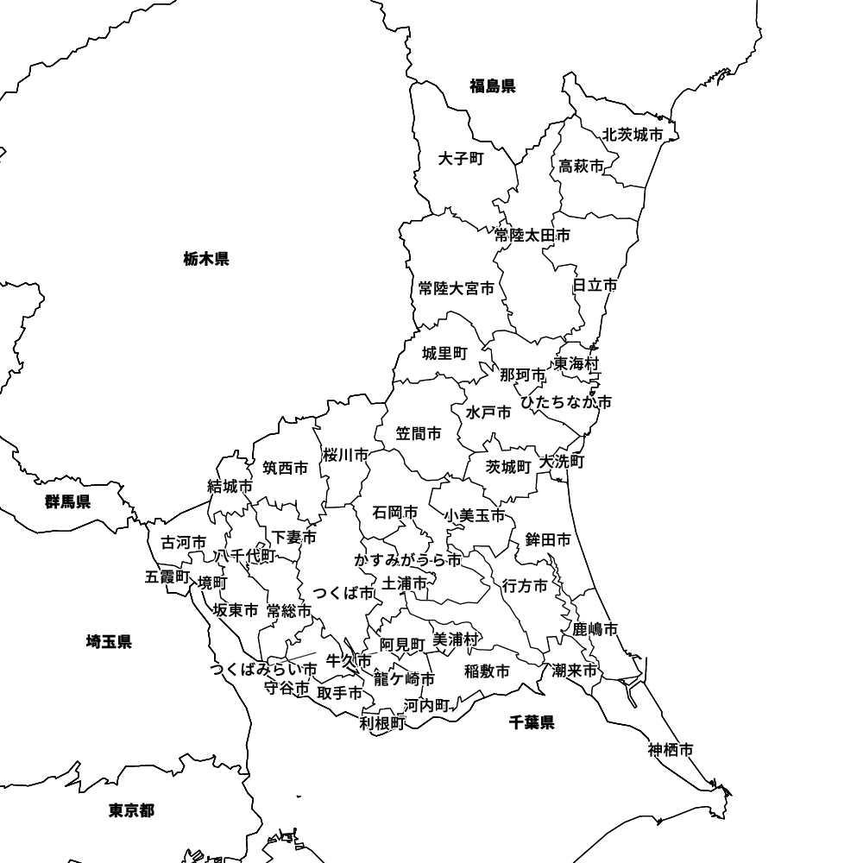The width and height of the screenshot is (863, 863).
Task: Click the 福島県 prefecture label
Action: (x=492, y=85)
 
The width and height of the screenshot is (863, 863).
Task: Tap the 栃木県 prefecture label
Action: (x=206, y=258)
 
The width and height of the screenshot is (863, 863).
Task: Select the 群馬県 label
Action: (x=68, y=501)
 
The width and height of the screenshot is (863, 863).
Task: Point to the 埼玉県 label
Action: (x=109, y=641)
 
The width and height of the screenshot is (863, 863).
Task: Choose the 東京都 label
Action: (x=131, y=810)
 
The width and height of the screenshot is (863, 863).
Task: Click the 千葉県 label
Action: (x=532, y=722)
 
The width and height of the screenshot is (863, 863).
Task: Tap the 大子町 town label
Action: (x=461, y=159)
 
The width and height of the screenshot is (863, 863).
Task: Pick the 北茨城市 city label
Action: (x=633, y=135)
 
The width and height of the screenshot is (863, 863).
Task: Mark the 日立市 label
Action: (x=595, y=285)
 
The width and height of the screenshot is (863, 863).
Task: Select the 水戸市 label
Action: (x=488, y=413)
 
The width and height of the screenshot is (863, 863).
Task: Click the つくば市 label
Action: (x=343, y=593)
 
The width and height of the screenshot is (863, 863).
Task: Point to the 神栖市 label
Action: (x=671, y=750)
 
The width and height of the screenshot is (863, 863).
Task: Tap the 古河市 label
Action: (x=184, y=543)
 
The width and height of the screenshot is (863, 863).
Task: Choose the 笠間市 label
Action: (x=419, y=433)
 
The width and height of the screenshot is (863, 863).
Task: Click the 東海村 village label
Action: (x=576, y=363)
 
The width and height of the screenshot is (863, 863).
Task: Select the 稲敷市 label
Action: (x=487, y=671)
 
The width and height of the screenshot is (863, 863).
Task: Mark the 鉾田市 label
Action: (x=548, y=540)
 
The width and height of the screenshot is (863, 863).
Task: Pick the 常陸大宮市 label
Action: (x=457, y=288)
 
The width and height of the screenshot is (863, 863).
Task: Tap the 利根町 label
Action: (x=382, y=723)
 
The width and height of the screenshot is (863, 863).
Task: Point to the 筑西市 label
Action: (x=285, y=469)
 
